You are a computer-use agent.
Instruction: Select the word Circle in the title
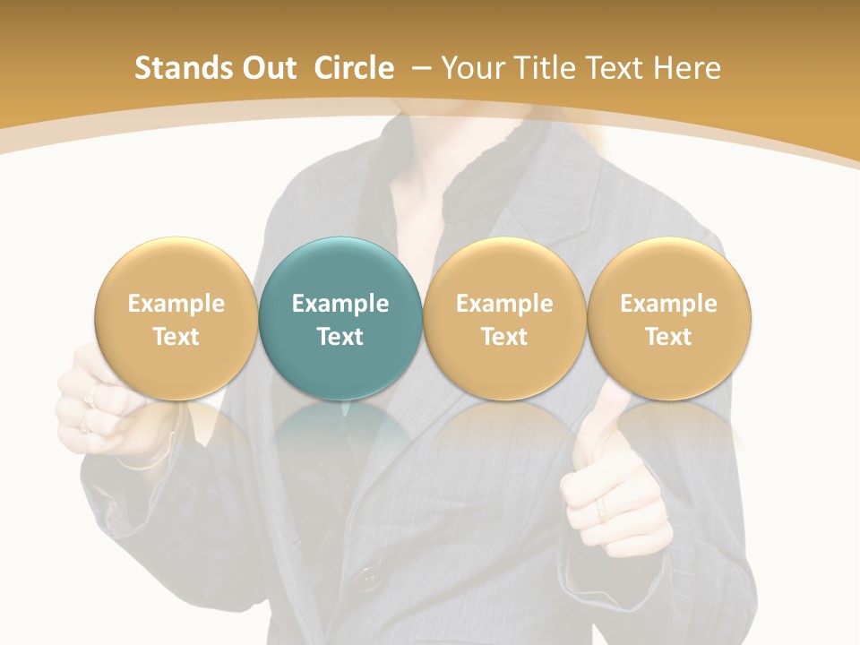[x=354, y=68]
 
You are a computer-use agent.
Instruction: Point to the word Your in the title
[x=471, y=68]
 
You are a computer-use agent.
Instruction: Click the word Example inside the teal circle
[x=340, y=304]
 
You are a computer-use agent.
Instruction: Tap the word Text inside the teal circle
[x=340, y=337]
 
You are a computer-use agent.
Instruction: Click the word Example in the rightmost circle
[x=668, y=304]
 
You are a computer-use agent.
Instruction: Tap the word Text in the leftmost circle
[x=176, y=337]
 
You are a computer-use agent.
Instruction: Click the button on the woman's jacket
[x=366, y=578]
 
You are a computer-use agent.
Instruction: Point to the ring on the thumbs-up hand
[x=601, y=510]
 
